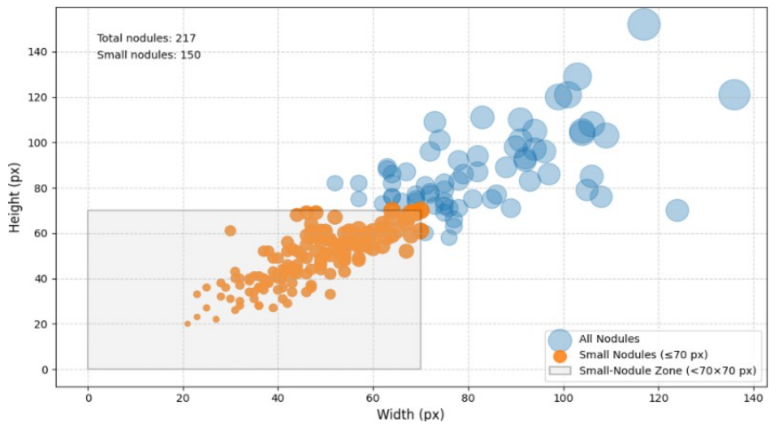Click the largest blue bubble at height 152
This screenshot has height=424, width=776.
[644, 24]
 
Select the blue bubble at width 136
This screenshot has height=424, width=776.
[734, 94]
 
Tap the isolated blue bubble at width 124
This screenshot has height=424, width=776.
[677, 211]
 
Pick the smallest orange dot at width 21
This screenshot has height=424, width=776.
[188, 324]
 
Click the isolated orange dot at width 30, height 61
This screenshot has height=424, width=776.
[230, 230]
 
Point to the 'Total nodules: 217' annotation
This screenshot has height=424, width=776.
[146, 38]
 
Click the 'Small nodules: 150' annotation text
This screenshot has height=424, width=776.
[148, 55]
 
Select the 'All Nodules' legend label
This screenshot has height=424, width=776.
[609, 339]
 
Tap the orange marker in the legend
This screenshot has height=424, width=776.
[560, 356]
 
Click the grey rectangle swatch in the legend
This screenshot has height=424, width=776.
[560, 371]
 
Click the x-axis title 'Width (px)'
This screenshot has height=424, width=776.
[411, 414]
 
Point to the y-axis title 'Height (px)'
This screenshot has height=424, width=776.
[14, 197]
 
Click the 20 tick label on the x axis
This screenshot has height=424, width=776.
[183, 397]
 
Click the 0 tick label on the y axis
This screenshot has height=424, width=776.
[45, 370]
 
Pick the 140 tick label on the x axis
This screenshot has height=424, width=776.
[753, 397]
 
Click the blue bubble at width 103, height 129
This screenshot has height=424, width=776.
[577, 77]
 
